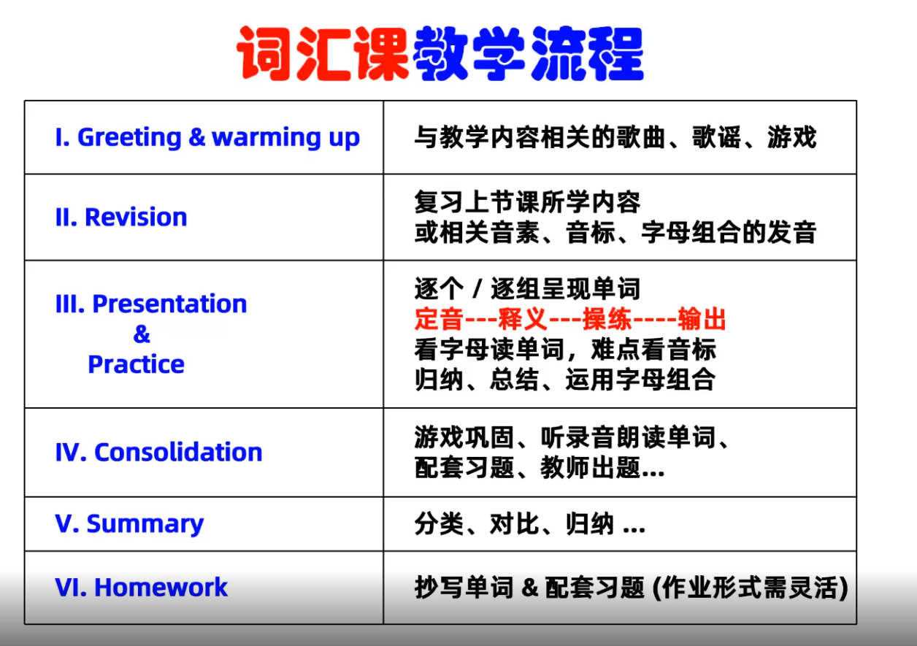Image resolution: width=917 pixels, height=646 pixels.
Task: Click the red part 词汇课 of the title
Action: [323, 53]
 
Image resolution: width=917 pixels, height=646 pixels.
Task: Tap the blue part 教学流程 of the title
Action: [528, 53]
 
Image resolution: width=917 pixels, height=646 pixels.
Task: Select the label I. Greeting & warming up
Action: [207, 137]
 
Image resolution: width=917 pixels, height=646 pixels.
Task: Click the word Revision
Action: [136, 217]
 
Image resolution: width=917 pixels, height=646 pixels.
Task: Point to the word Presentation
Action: [170, 304]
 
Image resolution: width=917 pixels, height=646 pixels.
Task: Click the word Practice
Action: [137, 364]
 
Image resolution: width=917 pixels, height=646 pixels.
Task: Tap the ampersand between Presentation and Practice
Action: [142, 334]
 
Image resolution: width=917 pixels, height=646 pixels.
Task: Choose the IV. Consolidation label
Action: [159, 452]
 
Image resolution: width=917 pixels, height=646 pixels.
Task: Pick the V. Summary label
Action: [129, 524]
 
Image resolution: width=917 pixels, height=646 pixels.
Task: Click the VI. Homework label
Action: [141, 587]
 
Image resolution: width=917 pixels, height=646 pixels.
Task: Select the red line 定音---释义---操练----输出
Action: [570, 319]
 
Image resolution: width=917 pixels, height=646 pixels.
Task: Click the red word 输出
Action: [702, 319]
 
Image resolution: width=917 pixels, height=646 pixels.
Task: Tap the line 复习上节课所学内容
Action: [527, 202]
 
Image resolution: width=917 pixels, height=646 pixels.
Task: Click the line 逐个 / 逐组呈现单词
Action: [527, 288]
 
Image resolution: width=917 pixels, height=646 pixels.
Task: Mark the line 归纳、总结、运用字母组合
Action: [565, 380]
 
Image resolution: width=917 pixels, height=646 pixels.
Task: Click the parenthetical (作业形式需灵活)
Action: [750, 588]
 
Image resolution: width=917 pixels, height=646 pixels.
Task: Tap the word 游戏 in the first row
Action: [792, 137]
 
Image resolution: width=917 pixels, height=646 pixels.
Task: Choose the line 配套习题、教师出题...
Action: [540, 467]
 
